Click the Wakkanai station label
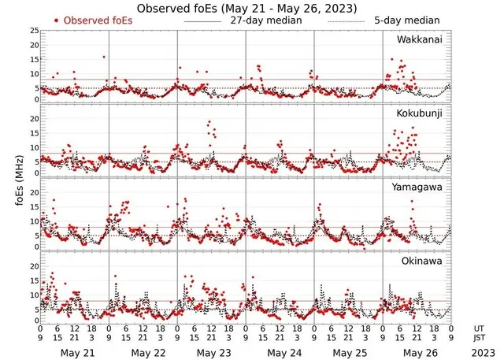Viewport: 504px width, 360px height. tap(420, 39)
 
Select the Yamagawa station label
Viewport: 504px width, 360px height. tap(419, 188)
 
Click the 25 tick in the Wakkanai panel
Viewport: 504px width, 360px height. tap(35, 31)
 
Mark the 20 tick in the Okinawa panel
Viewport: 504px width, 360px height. tap(35, 266)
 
